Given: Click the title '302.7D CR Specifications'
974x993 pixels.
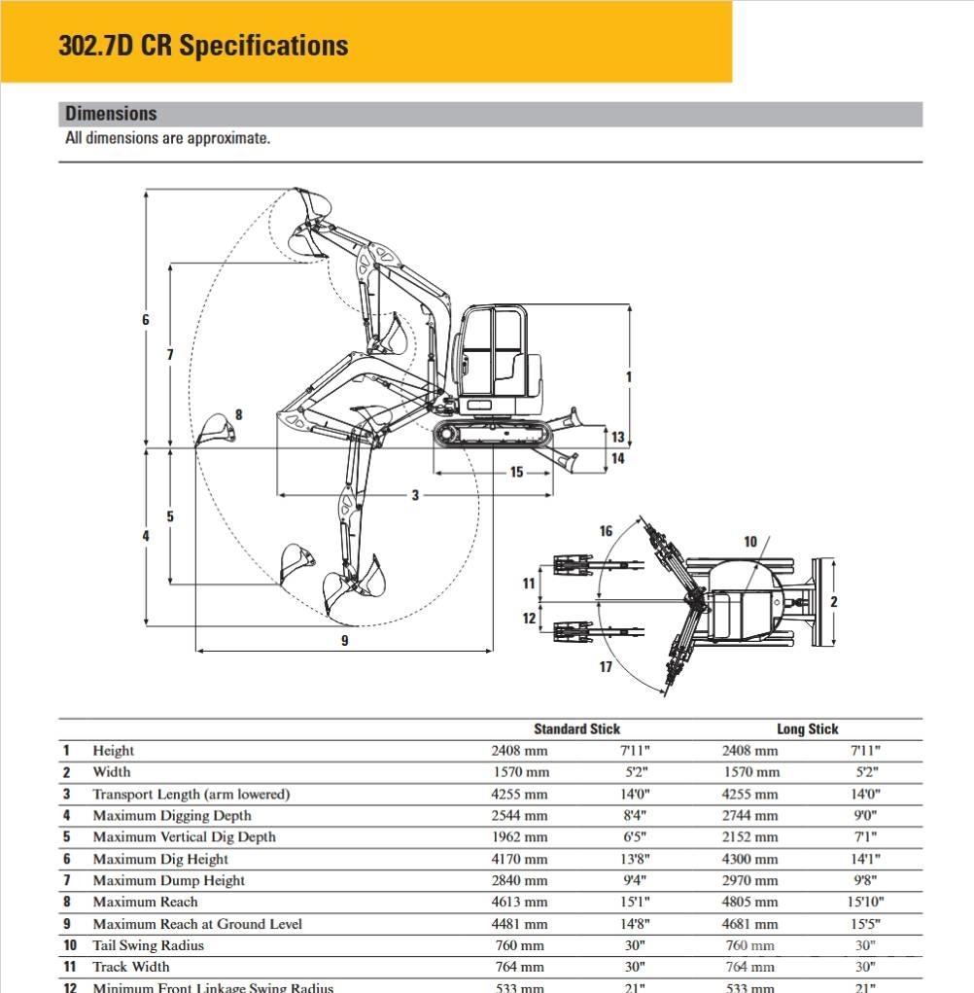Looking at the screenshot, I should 203,46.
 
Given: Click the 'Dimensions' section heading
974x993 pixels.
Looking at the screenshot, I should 111,114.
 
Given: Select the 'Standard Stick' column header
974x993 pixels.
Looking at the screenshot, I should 576,728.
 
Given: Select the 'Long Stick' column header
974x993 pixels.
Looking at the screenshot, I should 807,728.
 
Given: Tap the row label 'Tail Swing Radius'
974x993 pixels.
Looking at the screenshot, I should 148,945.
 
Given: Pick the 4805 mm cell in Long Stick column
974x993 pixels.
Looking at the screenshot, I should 749,903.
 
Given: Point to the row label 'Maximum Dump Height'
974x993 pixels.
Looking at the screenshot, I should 168,881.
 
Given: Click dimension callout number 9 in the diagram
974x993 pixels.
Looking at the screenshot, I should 344,640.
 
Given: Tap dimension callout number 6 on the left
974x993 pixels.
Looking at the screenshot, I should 146,320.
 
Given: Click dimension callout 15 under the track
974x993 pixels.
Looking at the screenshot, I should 516,473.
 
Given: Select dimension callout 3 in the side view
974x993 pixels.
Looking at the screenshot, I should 415,495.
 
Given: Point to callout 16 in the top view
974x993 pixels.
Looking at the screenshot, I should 607,531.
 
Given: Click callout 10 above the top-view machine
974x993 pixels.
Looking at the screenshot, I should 750,542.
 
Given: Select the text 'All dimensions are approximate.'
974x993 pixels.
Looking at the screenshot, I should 167,138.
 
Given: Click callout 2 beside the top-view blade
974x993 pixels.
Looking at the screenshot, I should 833,602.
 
